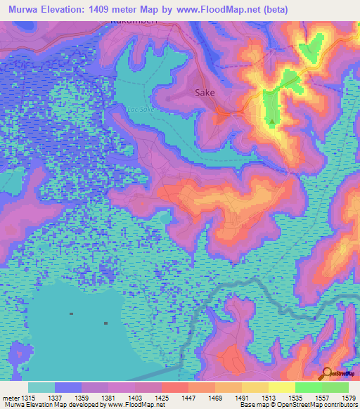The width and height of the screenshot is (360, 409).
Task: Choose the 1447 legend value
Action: (188, 398)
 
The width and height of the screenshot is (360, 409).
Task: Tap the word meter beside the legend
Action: (10, 398)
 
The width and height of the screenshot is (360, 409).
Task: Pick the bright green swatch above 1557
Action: (309, 387)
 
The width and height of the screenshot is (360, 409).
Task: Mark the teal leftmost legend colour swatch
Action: (41, 387)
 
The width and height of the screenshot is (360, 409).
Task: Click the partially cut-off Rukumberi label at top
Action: (128, 22)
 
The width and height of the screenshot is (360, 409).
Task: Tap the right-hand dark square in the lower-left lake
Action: (105, 323)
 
